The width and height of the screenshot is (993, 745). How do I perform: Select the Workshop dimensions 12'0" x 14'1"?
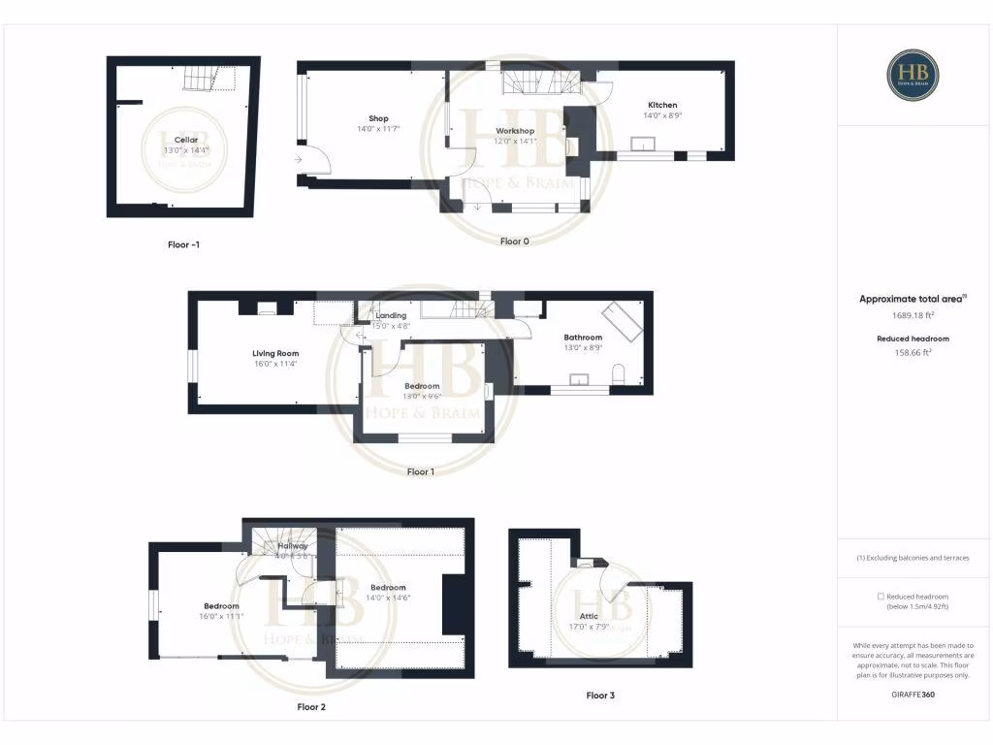click(x=515, y=141)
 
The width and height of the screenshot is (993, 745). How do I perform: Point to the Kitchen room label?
click(x=663, y=105)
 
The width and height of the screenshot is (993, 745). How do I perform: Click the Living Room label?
click(x=275, y=353)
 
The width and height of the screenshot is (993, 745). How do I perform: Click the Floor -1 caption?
click(x=183, y=244)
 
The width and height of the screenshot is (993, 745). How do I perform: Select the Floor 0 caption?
click(x=514, y=241)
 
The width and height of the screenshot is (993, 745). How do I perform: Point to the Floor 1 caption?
click(x=420, y=471)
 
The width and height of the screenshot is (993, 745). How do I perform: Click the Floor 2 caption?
click(x=311, y=707)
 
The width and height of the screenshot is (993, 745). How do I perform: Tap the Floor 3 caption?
click(x=600, y=696)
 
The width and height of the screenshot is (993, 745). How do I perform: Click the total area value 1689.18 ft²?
click(x=913, y=314)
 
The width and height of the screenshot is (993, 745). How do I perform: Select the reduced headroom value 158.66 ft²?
click(x=913, y=353)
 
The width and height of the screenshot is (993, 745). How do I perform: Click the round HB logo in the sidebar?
click(x=913, y=75)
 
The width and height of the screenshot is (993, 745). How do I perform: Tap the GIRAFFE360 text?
click(x=913, y=695)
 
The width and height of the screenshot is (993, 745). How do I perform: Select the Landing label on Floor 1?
click(x=391, y=315)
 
